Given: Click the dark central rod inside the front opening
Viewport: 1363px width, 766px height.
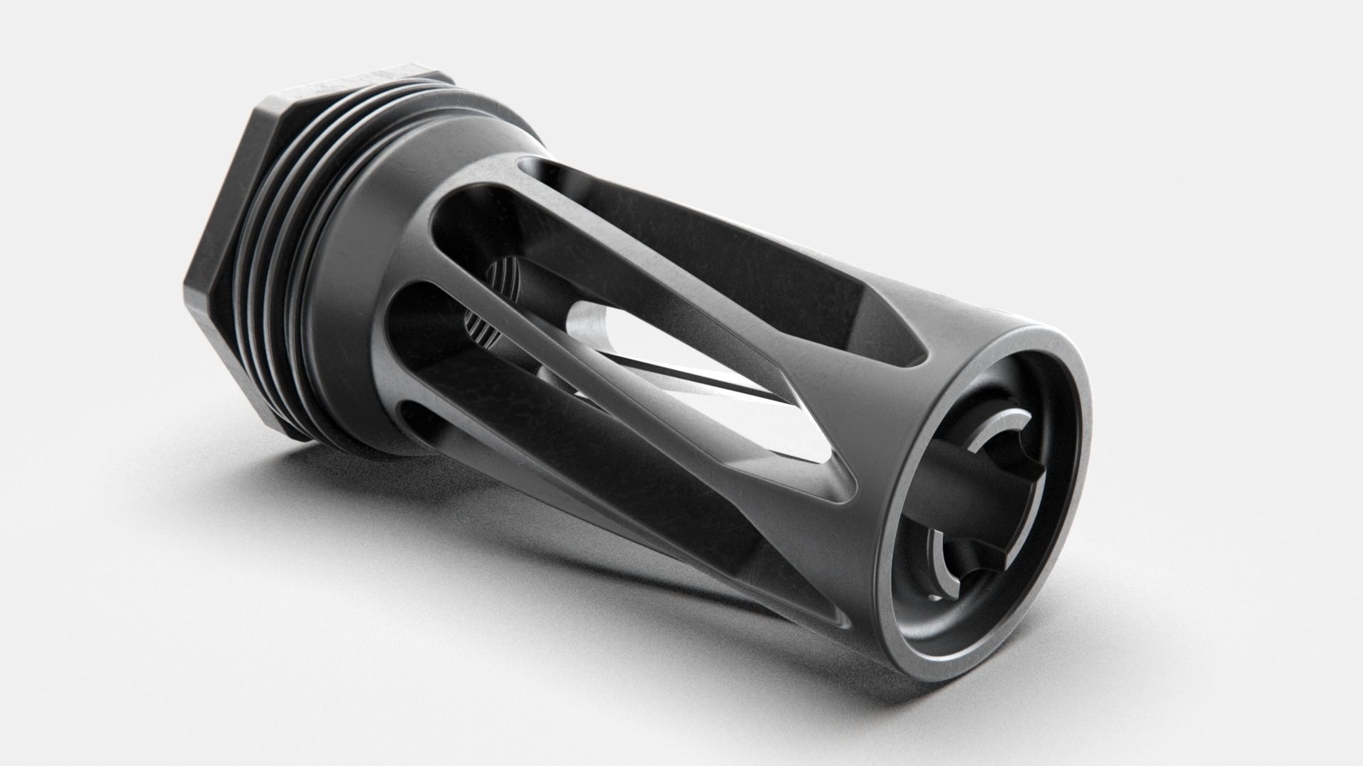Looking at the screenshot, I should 944,496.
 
